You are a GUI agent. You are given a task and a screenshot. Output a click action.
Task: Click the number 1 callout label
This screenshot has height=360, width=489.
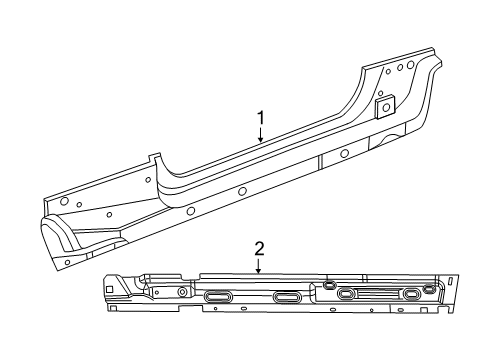(x=261, y=118)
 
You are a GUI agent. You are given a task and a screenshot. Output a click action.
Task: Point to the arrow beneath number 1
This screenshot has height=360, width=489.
(x=261, y=137)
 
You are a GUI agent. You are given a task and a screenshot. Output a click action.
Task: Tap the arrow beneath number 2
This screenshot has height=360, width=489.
(x=258, y=265)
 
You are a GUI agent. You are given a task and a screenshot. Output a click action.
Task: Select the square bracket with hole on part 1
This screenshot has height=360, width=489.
(x=384, y=106)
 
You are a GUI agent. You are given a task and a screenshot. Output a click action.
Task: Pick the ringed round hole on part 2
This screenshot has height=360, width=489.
(x=183, y=291)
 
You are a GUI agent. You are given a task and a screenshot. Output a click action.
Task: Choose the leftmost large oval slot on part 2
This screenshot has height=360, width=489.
(x=218, y=296)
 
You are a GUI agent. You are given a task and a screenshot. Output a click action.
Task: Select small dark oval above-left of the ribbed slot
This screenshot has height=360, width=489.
(x=329, y=285)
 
